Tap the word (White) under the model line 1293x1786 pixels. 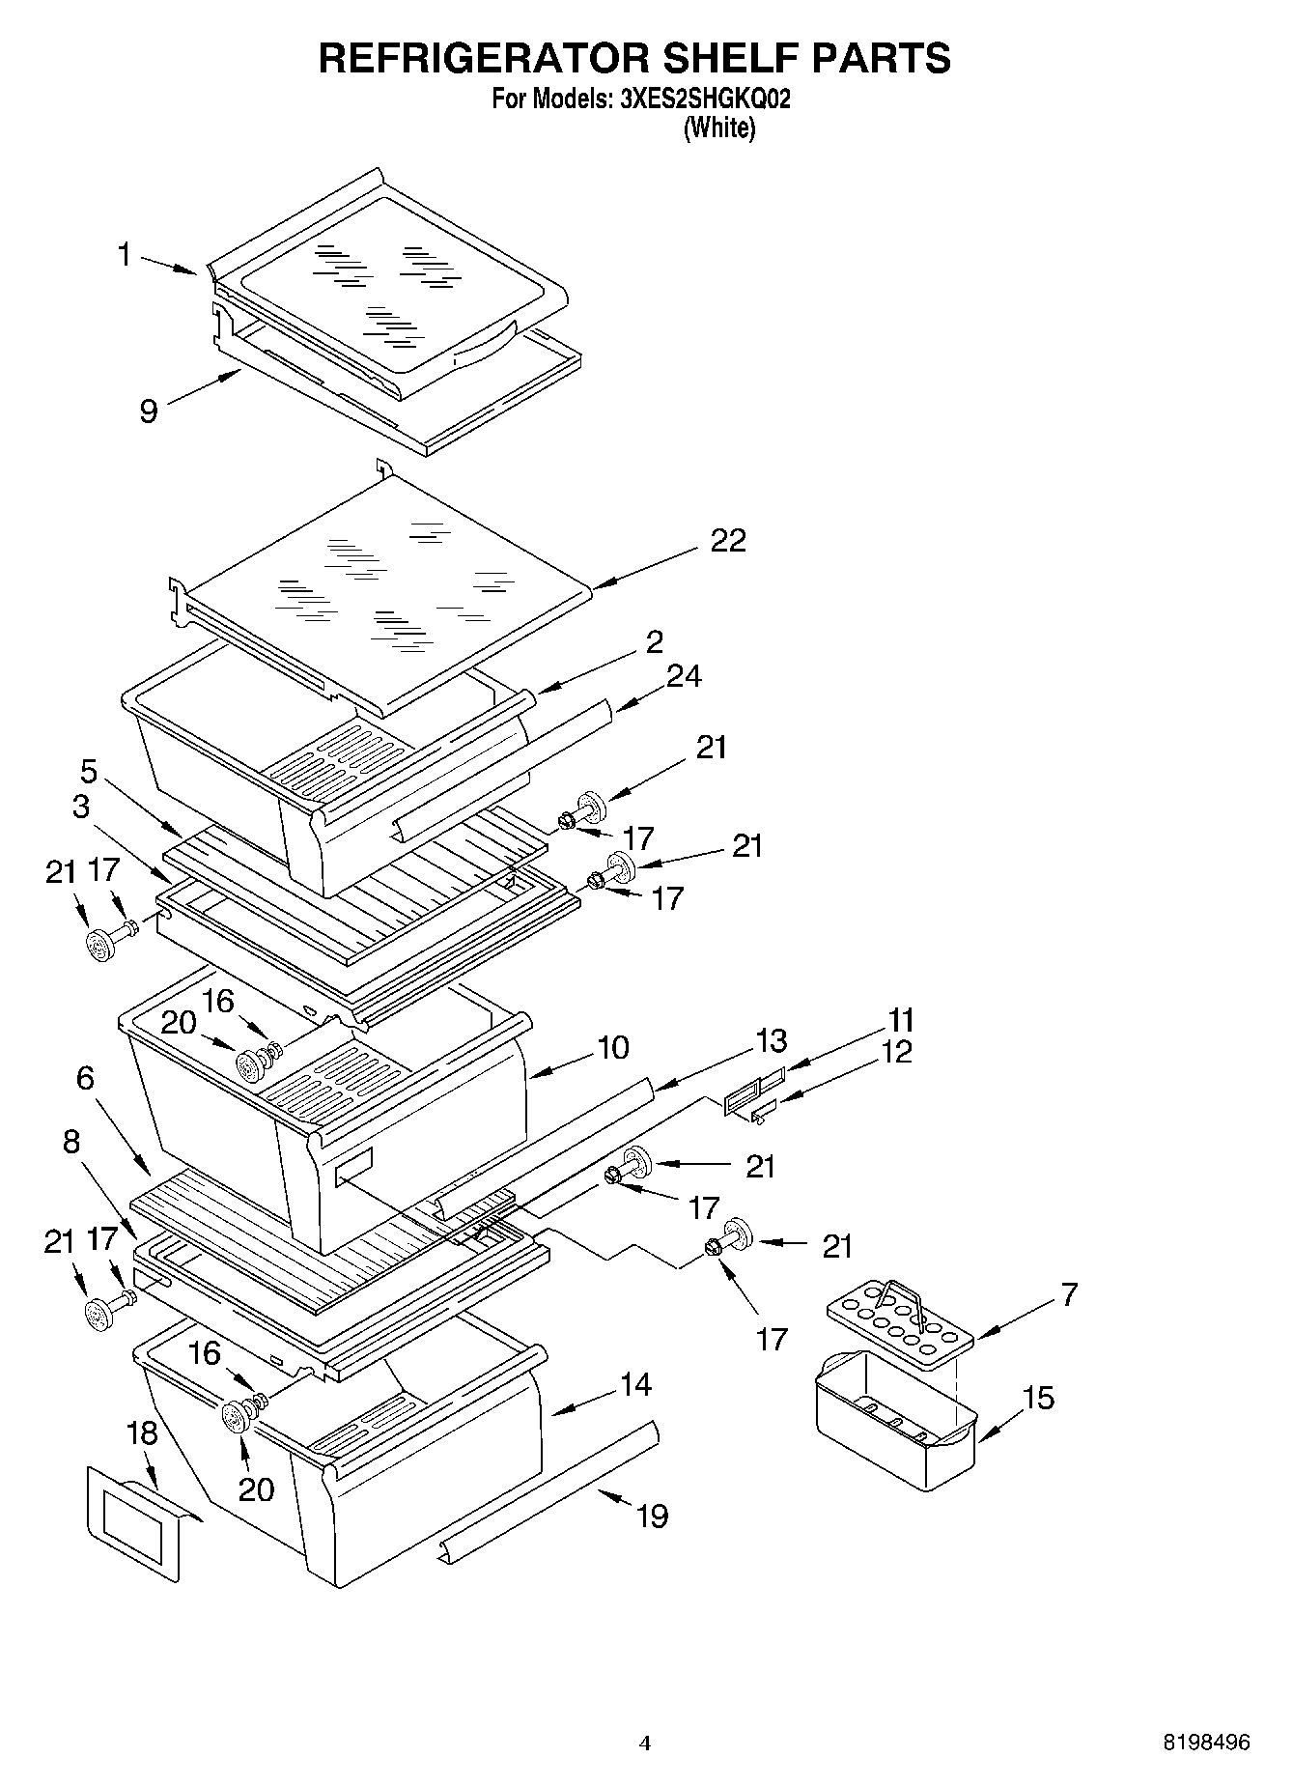tap(718, 128)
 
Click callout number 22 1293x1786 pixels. tap(727, 541)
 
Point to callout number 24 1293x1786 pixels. tap(683, 676)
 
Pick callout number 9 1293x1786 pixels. tap(149, 411)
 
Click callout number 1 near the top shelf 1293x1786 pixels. tap(124, 255)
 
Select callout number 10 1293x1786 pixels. tap(613, 1047)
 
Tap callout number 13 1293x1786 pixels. tap(771, 1041)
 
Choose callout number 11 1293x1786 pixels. tap(900, 1020)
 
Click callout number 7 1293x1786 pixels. tap(1068, 1294)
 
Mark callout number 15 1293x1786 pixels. tap(1038, 1398)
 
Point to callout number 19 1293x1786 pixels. tap(653, 1517)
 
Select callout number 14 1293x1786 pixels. tap(635, 1385)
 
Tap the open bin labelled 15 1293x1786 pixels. tap(893, 1420)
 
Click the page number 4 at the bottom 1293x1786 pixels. tap(645, 1743)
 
